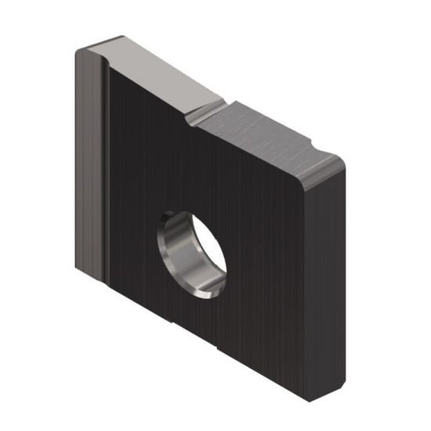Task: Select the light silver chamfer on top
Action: click(161, 74)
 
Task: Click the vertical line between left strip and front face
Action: click(107, 172)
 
